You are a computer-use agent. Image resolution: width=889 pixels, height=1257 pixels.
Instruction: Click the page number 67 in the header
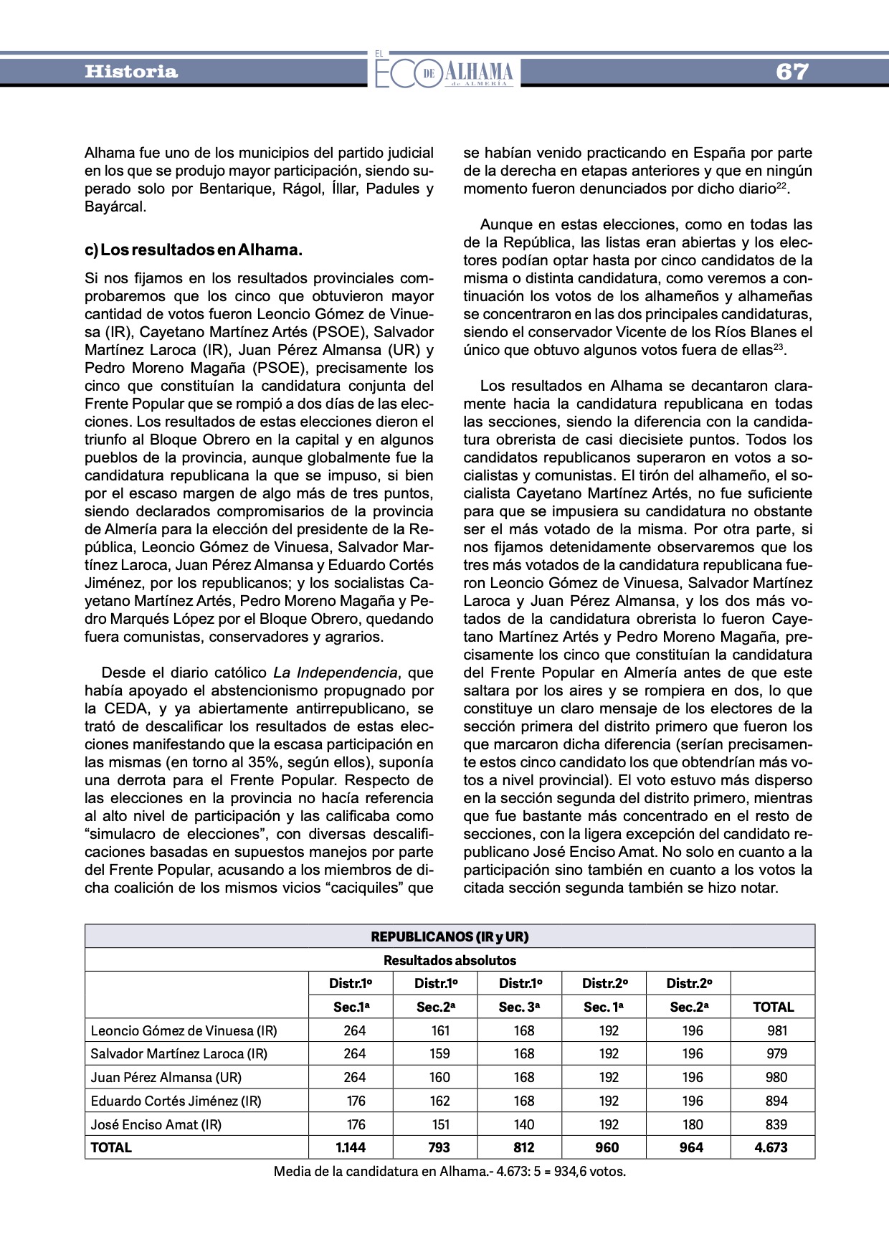[x=791, y=72]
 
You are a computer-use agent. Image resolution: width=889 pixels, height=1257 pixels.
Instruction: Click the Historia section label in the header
[x=131, y=72]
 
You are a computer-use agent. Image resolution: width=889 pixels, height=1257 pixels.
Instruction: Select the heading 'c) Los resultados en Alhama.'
[x=194, y=250]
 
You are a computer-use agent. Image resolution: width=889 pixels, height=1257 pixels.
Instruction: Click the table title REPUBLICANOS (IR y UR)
[x=450, y=936]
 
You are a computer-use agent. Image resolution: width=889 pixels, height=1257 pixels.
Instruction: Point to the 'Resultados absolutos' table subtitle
[x=450, y=960]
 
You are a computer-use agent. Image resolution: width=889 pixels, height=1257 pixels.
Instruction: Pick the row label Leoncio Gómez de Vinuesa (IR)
[x=184, y=1030]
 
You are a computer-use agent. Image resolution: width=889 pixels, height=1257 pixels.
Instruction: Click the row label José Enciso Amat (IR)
[x=156, y=1124]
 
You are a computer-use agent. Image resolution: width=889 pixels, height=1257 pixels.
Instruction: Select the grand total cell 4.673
[x=771, y=1147]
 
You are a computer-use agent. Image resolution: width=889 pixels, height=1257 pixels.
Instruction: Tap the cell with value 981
[x=776, y=1030]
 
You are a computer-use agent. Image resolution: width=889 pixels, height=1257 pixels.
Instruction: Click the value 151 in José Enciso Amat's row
[x=439, y=1124]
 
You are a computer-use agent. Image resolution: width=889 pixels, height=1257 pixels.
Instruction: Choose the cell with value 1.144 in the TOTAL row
[x=351, y=1147]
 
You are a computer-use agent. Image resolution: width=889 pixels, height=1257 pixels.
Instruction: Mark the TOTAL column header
[x=773, y=1007]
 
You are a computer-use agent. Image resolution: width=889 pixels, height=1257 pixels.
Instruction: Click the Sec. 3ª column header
[x=519, y=1007]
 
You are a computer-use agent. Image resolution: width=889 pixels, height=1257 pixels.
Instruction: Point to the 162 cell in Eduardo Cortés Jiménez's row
[x=439, y=1101]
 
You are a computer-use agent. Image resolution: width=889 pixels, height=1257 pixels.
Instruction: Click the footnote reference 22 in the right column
[x=782, y=186]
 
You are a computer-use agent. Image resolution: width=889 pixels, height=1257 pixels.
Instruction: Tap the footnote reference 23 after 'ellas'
[x=780, y=347]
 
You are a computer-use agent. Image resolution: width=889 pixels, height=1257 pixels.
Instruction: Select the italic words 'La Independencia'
[x=335, y=673]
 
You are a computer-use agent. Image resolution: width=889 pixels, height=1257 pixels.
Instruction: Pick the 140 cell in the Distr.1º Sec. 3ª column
[x=524, y=1124]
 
